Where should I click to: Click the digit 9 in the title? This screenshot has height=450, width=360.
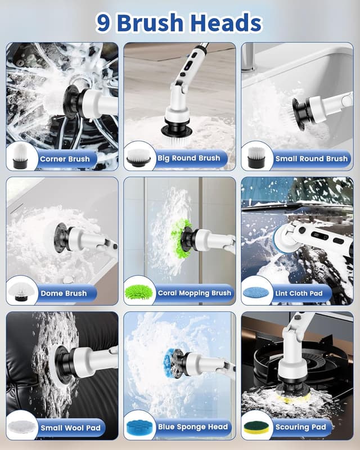click(x=103, y=23)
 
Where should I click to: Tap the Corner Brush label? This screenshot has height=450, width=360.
click(x=65, y=159)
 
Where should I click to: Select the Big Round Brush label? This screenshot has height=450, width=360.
click(x=188, y=158)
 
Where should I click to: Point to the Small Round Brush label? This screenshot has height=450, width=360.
click(x=311, y=159)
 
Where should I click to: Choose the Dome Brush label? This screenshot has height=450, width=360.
click(x=64, y=293)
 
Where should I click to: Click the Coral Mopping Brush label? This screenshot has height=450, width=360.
click(x=195, y=293)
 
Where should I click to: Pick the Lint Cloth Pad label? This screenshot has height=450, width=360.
click(x=299, y=293)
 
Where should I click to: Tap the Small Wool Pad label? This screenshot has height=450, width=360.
click(x=71, y=428)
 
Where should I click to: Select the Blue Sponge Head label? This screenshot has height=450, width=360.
click(x=192, y=427)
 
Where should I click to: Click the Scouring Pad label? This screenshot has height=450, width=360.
click(x=300, y=427)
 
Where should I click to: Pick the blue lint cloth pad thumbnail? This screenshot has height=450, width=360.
click(x=256, y=292)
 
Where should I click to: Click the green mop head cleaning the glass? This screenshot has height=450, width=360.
click(x=181, y=238)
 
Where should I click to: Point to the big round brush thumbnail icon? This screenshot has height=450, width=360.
click(x=139, y=157)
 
